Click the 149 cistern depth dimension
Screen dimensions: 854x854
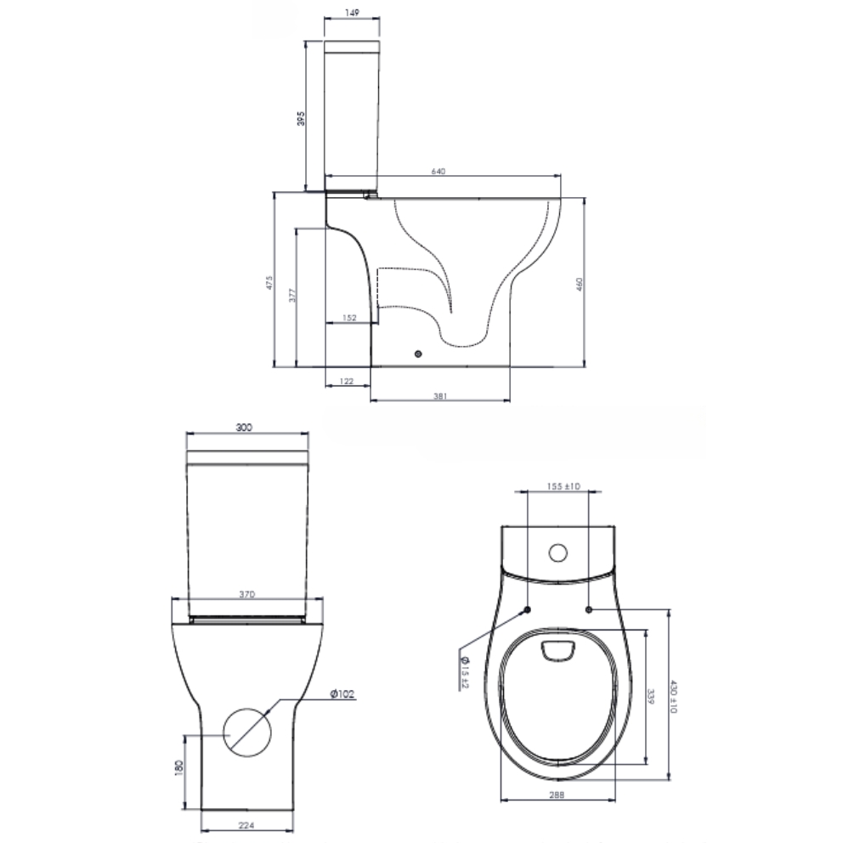coord(353,13)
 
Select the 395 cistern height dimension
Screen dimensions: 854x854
coord(301,119)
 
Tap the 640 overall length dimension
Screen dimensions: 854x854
coord(438,171)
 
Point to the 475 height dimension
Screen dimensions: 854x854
coord(269,283)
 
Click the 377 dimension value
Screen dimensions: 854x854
coord(292,295)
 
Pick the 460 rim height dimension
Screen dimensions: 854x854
coord(580,284)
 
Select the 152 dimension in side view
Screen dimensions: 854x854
coord(349,318)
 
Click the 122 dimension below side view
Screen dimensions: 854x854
coord(347,382)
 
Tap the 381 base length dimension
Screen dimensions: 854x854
coord(440,396)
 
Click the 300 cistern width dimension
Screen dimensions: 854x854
coord(244,427)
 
